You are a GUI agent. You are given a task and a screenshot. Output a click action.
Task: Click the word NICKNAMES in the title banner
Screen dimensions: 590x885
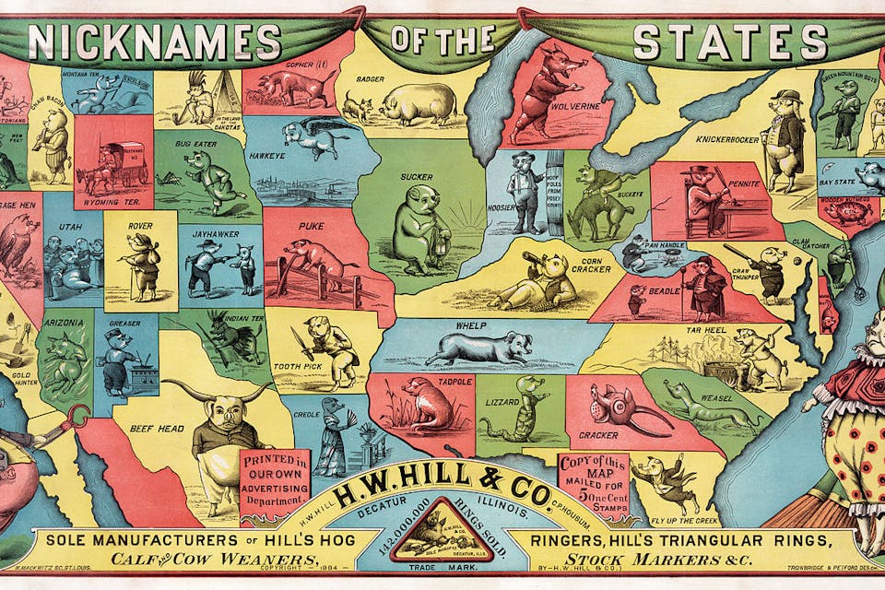[154, 41]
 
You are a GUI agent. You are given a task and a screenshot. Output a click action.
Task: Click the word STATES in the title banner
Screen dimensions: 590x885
[730, 41]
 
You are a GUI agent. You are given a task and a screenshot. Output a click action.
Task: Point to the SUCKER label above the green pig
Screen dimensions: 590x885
[417, 175]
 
